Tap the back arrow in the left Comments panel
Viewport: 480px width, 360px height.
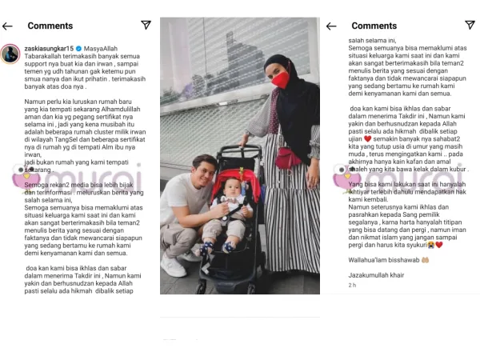click(8, 26)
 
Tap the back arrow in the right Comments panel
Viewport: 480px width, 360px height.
click(331, 26)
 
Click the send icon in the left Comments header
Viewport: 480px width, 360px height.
click(146, 26)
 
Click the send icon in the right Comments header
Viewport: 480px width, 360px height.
click(470, 26)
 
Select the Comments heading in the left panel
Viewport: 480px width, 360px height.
click(50, 26)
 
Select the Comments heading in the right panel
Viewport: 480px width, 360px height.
click(374, 26)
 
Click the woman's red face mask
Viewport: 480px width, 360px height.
click(281, 79)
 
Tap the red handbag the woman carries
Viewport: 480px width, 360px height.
click(287, 158)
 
